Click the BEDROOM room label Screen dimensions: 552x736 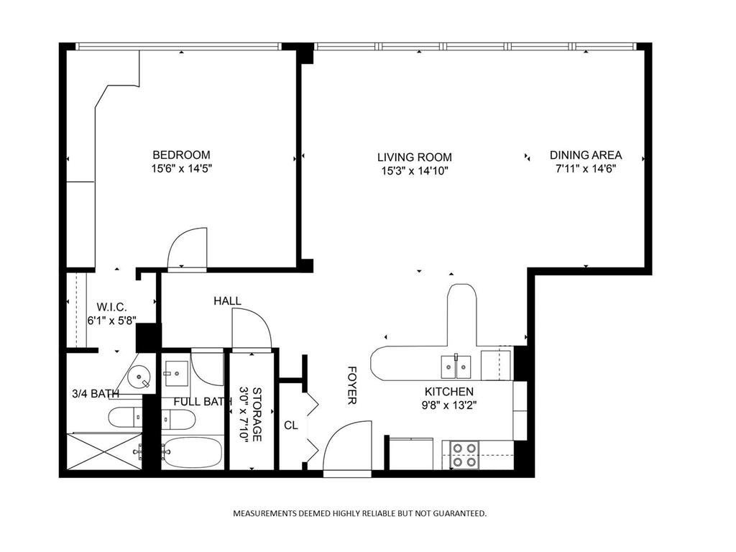point(181,155)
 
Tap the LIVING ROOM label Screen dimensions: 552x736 point(415,157)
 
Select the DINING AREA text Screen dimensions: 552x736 point(586,155)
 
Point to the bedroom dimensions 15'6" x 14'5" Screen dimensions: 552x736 point(181,170)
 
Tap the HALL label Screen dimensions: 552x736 point(227,301)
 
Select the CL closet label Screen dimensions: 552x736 point(290,425)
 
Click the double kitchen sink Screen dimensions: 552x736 point(455,367)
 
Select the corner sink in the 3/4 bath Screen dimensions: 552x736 point(139,376)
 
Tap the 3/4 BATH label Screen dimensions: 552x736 point(95,394)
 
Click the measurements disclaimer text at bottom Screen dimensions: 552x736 point(359,513)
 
